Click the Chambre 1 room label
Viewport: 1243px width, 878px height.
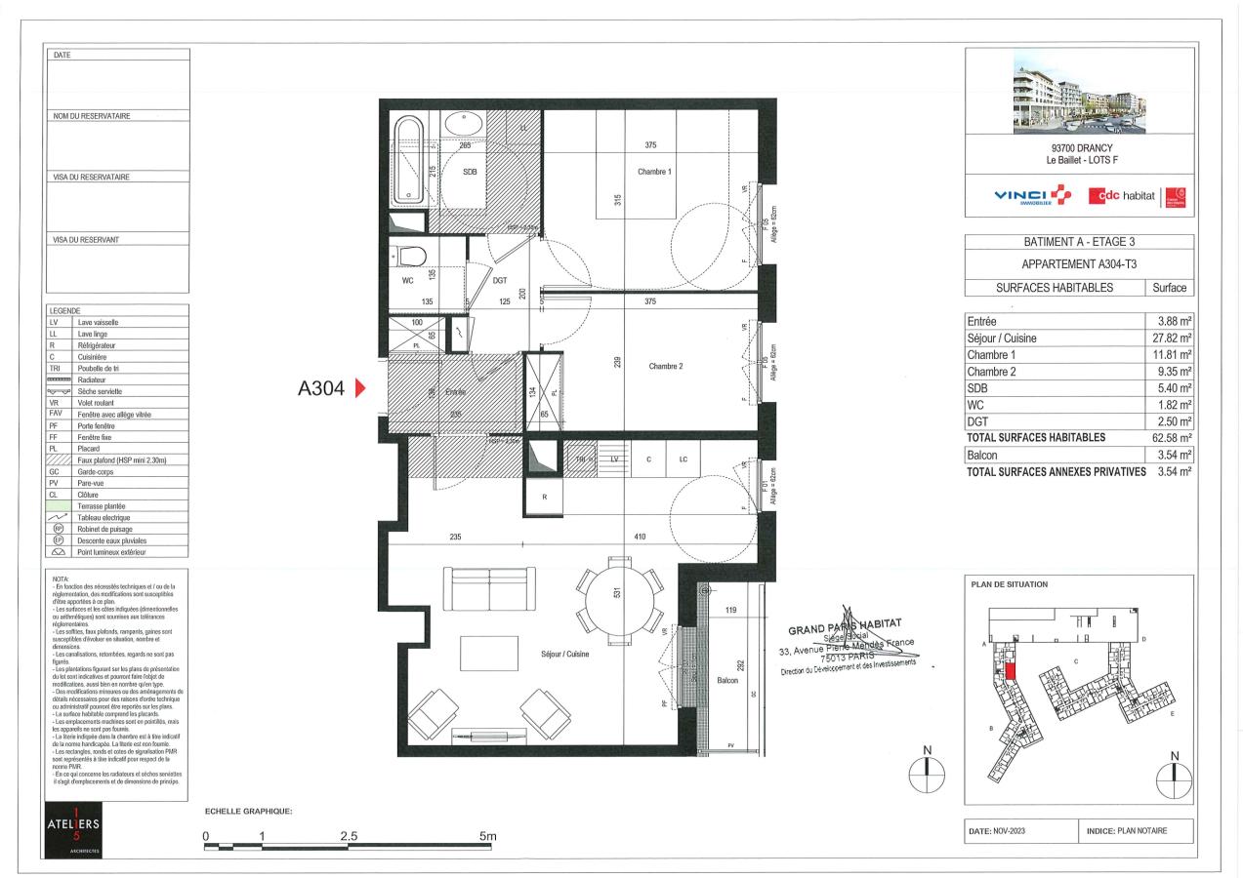click(654, 172)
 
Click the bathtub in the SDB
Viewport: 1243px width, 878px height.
click(407, 160)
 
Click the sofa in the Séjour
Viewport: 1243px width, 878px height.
click(488, 586)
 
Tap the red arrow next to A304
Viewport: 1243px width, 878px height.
click(358, 389)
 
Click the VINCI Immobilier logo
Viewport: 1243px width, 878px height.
click(1030, 196)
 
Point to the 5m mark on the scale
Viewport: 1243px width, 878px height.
click(487, 837)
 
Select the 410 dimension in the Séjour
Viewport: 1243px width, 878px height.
click(639, 536)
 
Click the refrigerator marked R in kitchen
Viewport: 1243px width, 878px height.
click(545, 497)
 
